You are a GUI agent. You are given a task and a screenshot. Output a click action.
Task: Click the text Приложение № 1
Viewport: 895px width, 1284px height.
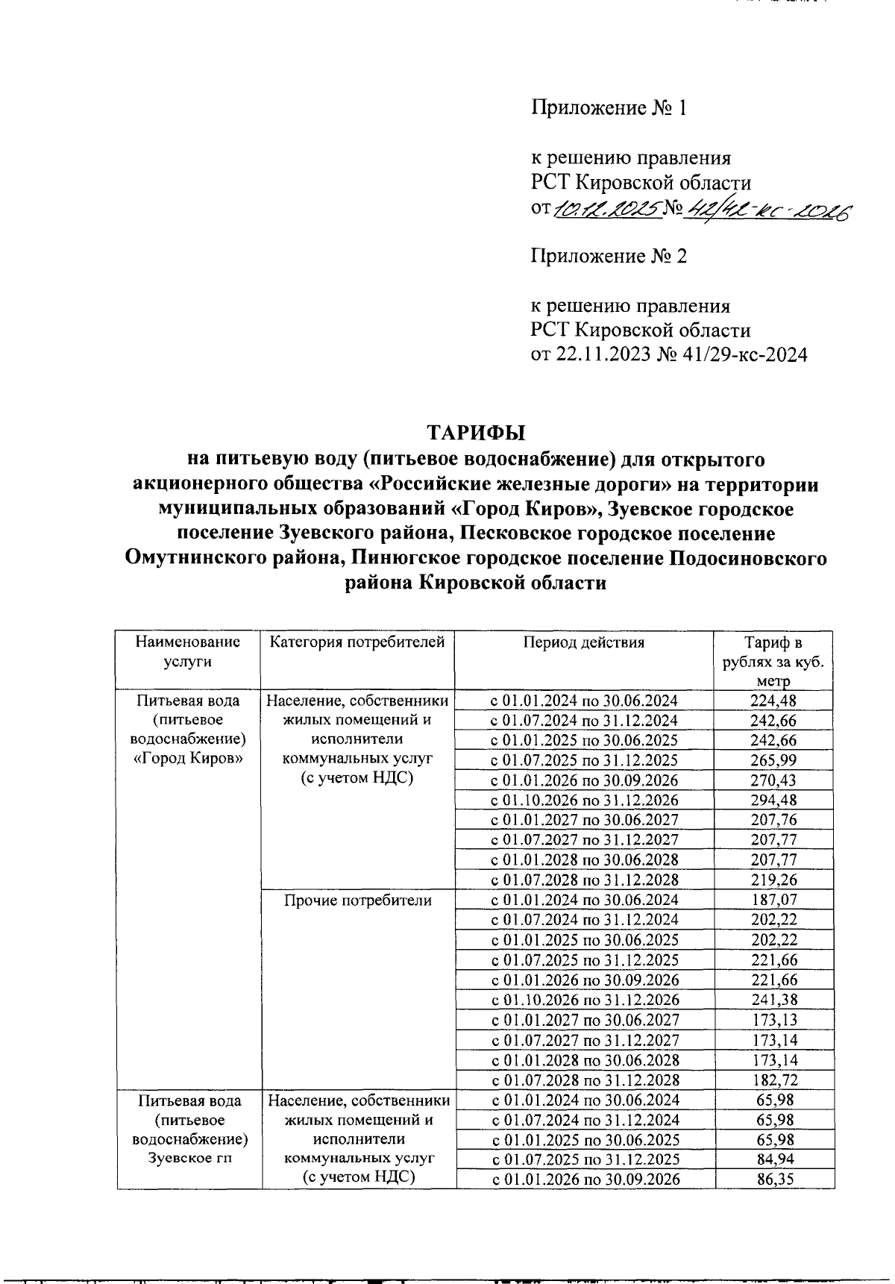click(x=608, y=108)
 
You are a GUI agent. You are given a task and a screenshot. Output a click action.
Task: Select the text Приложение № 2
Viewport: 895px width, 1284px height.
click(x=608, y=257)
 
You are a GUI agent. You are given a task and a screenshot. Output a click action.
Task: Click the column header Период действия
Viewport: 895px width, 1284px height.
click(x=583, y=642)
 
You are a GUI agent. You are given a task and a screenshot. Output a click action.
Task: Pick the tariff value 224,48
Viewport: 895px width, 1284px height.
click(x=773, y=701)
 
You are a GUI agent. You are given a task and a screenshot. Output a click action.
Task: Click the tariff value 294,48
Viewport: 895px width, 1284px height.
click(x=773, y=801)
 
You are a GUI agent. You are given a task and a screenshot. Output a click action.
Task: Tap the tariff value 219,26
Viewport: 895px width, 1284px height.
click(x=773, y=880)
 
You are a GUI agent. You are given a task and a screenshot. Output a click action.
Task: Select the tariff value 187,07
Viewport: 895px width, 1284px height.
click(x=773, y=901)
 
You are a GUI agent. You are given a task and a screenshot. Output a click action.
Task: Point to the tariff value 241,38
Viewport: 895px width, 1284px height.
click(x=773, y=1000)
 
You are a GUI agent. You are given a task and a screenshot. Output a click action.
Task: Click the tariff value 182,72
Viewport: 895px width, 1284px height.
click(x=773, y=1080)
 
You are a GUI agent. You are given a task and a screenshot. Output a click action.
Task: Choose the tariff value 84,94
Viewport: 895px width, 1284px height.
click(x=773, y=1159)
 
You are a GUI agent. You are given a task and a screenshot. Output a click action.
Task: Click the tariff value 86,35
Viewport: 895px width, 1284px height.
click(x=773, y=1180)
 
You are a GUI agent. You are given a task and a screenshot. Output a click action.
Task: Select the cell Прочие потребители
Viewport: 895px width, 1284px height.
click(x=358, y=901)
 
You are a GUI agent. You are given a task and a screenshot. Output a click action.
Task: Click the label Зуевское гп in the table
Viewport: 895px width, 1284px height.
click(x=189, y=1159)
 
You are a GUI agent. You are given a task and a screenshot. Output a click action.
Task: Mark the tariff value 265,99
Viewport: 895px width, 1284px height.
click(x=773, y=760)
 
